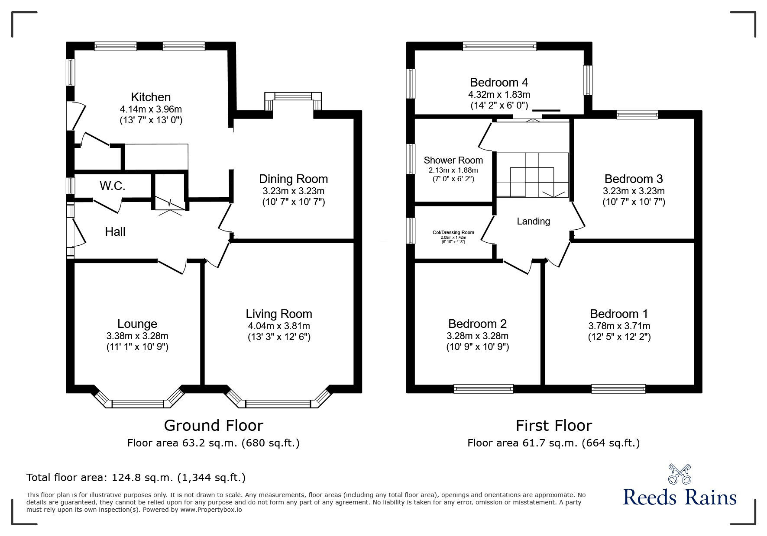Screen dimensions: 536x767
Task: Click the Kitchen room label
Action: pos(151,97)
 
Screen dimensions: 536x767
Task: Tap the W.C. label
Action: pos(113,186)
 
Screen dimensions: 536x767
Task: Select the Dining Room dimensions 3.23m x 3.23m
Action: pos(293,191)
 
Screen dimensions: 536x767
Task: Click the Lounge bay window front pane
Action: pos(138,404)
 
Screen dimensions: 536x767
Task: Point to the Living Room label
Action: pos(279,314)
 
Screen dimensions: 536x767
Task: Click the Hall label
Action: pos(115,232)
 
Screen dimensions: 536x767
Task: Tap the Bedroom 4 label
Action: pos(499,82)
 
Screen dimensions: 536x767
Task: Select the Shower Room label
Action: pos(453,160)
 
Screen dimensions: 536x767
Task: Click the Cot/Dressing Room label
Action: pos(453,232)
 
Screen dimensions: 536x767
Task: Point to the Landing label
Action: pos(533,221)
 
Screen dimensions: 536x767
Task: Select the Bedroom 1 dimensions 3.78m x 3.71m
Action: pos(619,326)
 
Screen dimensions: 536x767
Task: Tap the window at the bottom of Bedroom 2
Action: pos(483,389)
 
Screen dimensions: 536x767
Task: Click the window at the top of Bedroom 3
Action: pos(637,115)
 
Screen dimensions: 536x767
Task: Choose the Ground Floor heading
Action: pos(214,426)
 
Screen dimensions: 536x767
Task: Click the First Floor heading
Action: pos(553,426)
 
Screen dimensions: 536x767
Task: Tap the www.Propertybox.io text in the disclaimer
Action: pos(211,510)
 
